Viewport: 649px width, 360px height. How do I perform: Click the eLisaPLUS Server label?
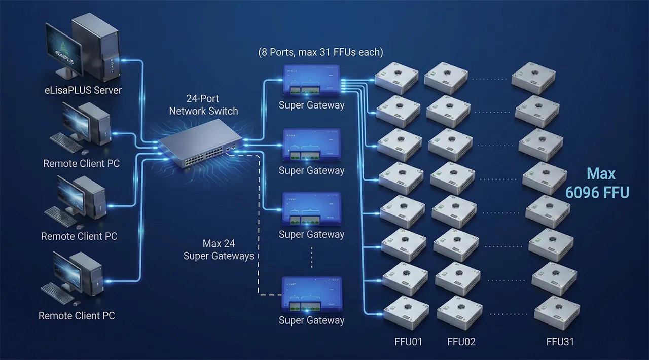click(x=82, y=90)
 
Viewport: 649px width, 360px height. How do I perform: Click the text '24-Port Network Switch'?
click(x=203, y=105)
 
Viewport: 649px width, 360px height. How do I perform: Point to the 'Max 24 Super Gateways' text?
click(x=219, y=250)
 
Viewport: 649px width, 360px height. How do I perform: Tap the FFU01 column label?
click(x=408, y=342)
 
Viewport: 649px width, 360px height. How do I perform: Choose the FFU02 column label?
click(x=461, y=342)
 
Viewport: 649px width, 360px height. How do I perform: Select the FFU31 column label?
click(x=560, y=342)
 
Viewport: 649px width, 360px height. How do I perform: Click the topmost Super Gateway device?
click(x=312, y=81)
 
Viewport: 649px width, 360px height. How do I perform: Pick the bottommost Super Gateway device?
click(x=312, y=295)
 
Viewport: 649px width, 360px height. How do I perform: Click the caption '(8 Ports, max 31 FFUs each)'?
click(x=320, y=52)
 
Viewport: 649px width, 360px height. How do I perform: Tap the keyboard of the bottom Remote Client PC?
click(x=57, y=293)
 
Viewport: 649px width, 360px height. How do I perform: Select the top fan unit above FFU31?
click(x=533, y=77)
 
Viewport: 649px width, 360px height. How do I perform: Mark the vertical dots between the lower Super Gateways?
click(x=312, y=258)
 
